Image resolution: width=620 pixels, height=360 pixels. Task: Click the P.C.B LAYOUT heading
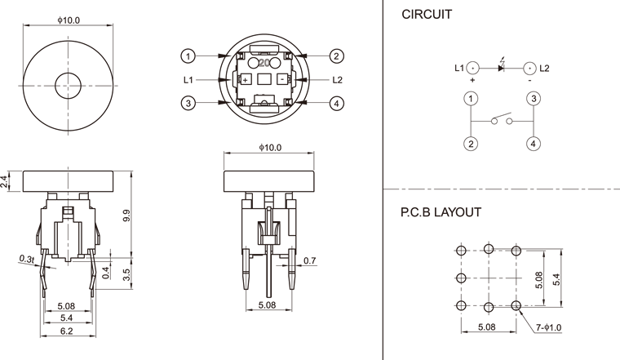coord(440,212)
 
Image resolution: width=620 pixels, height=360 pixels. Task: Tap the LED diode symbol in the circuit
coord(501,68)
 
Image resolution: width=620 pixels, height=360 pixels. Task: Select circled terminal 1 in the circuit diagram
coord(471,99)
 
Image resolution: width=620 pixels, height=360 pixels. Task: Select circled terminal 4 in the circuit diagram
coord(532,144)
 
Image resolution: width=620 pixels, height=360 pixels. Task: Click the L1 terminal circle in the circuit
coord(472,68)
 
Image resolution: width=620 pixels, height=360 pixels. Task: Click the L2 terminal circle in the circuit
coord(530,68)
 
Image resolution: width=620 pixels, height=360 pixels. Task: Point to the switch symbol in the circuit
coord(502,121)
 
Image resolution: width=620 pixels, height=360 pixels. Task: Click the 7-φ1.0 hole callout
coord(554,328)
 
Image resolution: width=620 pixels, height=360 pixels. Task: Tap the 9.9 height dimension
coord(126,216)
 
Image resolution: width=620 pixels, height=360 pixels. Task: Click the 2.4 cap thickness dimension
coord(5,182)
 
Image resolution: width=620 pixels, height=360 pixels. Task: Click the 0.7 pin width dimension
coord(310,260)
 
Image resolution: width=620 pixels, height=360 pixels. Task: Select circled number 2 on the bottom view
coord(336,56)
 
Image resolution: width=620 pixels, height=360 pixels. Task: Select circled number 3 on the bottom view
coord(188,103)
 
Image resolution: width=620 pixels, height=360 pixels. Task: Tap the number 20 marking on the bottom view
coord(263,61)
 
